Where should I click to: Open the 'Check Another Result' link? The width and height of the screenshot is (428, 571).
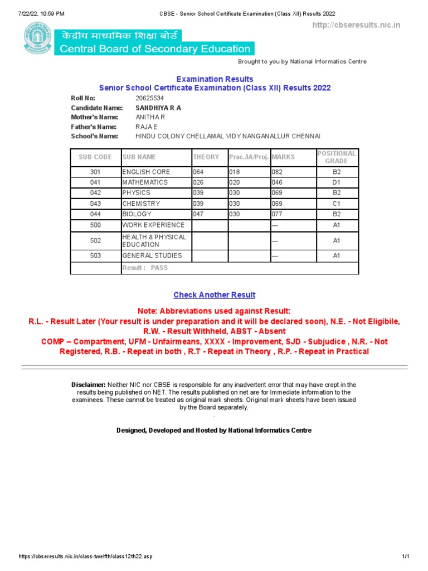point(215,295)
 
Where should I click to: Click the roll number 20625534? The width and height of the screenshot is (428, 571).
point(150,98)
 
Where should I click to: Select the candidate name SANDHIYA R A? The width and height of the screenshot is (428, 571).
point(158,108)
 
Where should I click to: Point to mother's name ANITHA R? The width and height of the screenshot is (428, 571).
point(150,117)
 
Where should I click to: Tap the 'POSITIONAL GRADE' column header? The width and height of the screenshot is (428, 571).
point(337,157)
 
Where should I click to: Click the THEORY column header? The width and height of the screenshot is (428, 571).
point(206,157)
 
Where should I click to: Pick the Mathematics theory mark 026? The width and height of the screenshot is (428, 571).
point(199,182)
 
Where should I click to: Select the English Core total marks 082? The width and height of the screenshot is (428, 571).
point(277,172)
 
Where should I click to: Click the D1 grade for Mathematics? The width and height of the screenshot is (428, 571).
point(337,182)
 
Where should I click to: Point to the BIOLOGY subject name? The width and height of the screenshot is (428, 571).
point(137,214)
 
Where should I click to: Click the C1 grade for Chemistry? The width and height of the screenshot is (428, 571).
point(337,204)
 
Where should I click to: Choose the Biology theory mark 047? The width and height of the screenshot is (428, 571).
point(199,214)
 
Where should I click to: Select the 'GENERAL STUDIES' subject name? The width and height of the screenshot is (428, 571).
point(152,255)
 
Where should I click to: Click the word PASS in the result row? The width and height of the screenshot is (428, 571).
point(159,268)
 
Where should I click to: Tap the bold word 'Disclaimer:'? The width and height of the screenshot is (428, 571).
point(89,385)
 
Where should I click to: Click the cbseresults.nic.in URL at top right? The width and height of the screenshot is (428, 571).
point(356,25)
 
